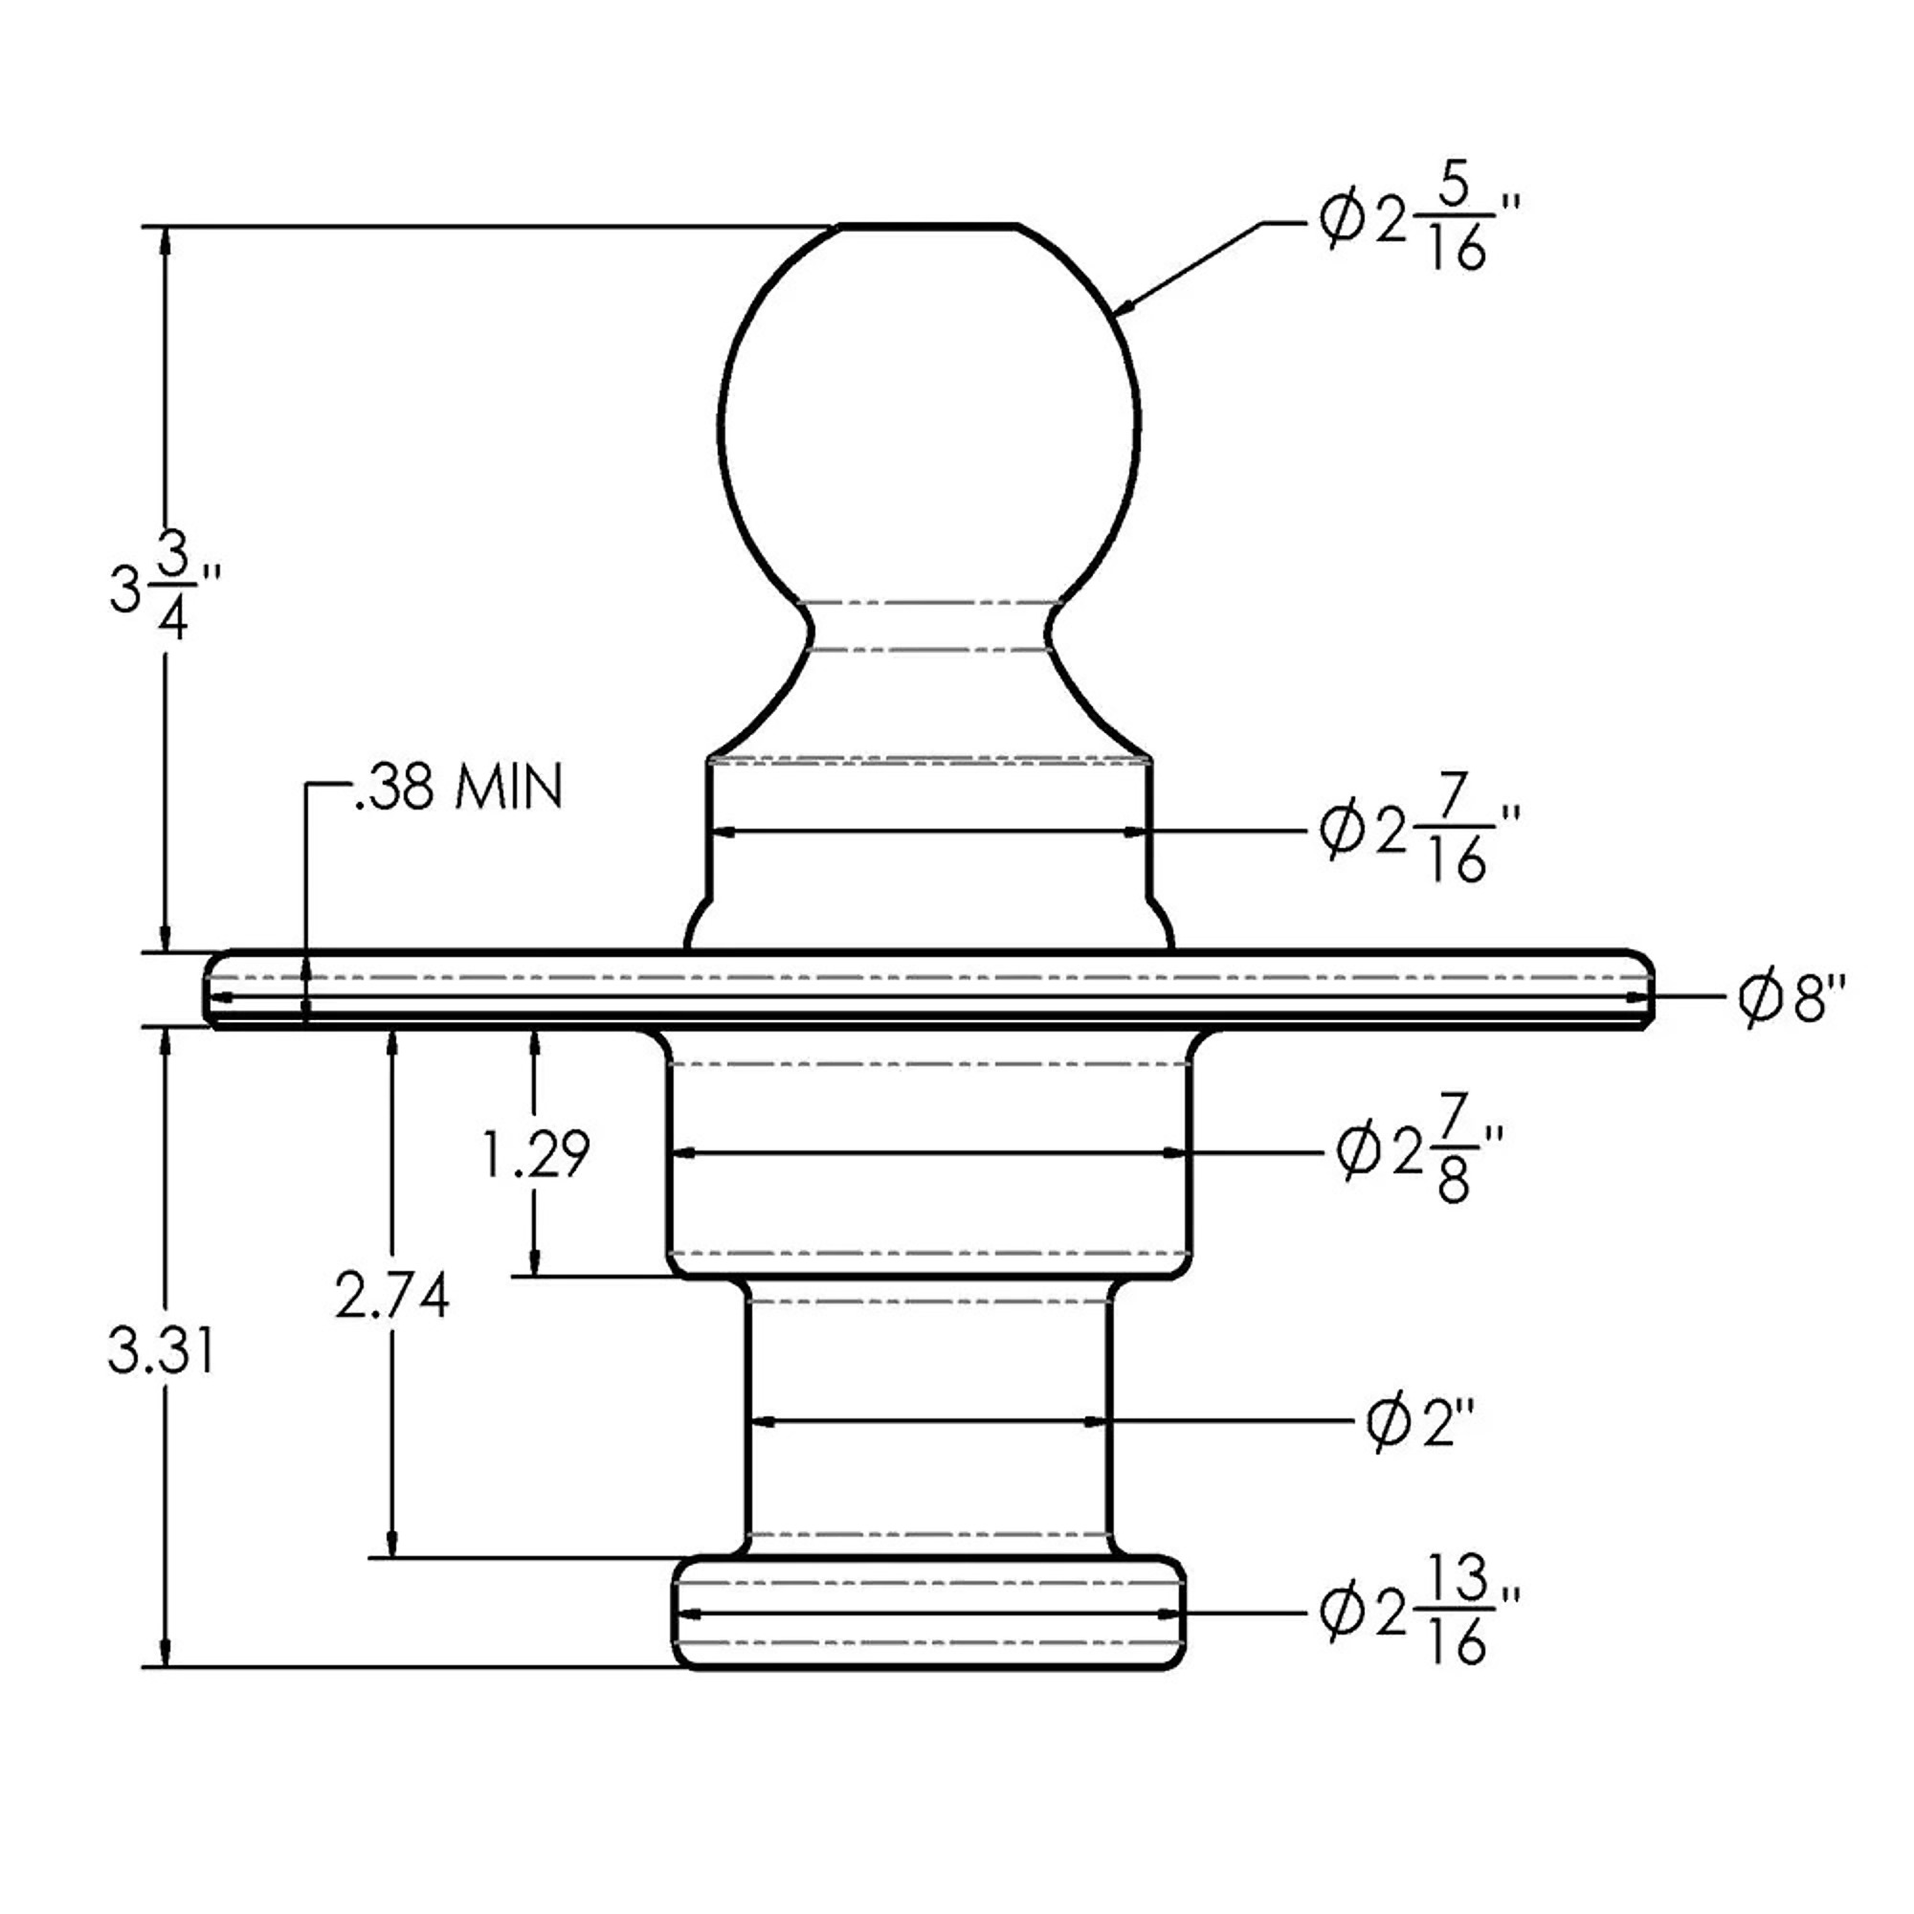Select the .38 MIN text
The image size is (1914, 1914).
tap(457, 788)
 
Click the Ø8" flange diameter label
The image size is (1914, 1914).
tap(1794, 998)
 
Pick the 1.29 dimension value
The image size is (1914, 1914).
tap(536, 1154)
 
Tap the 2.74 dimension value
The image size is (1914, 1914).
tap(392, 1296)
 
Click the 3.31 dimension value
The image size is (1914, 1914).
tap(162, 1352)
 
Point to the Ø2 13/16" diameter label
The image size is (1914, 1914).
tap(1419, 1613)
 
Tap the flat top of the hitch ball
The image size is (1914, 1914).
tap(929, 227)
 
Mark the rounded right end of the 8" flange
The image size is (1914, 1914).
tap(1640, 990)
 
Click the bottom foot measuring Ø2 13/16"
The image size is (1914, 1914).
tap(930, 1614)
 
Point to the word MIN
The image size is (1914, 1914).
tap(508, 788)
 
